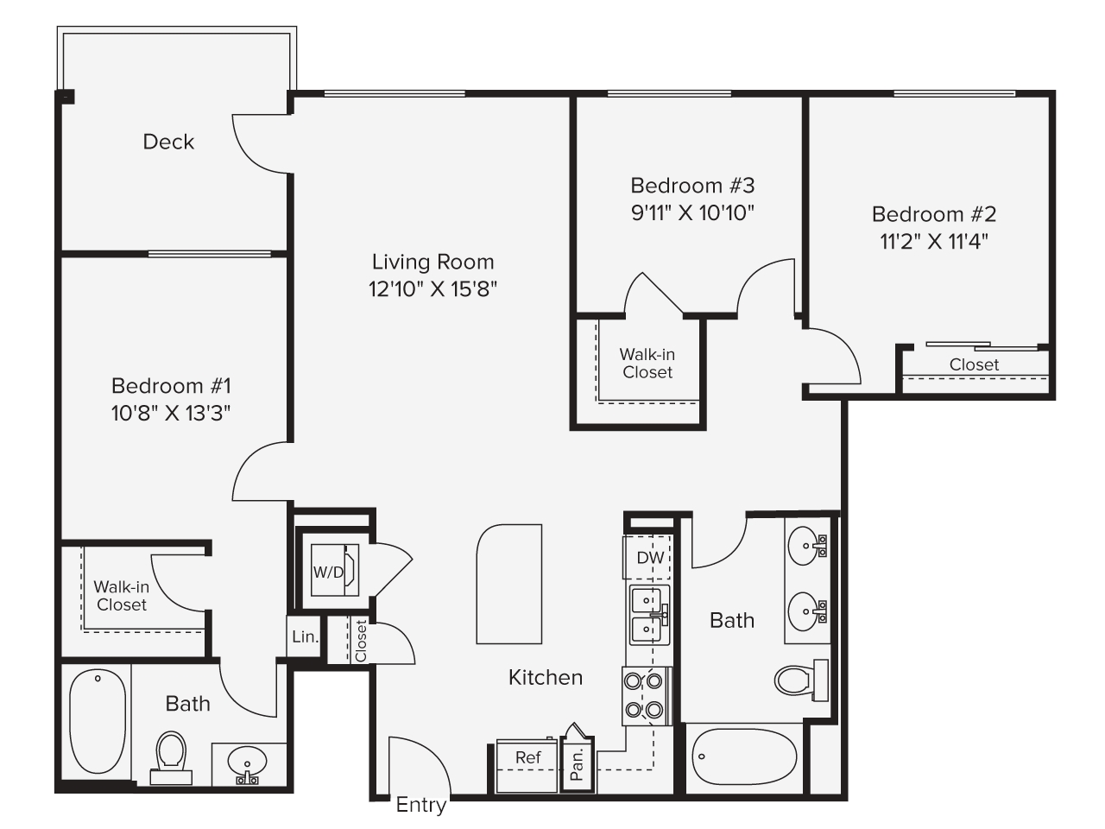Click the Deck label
[x=168, y=142]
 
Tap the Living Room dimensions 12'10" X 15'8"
[x=433, y=289]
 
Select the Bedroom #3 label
[x=692, y=186]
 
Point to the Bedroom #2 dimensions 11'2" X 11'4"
[x=934, y=242]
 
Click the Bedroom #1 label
[x=171, y=386]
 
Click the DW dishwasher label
[x=650, y=558]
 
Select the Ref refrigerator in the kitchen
[x=527, y=766]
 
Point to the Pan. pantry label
[x=577, y=764]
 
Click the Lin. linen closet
[x=304, y=636]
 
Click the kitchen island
[x=509, y=584]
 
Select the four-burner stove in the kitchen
[x=647, y=696]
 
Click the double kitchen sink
[x=649, y=615]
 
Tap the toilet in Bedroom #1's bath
[x=171, y=758]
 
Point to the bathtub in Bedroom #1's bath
[x=98, y=721]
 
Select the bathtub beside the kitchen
[x=744, y=757]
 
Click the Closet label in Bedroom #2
[x=974, y=364]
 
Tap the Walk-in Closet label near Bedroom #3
[x=647, y=364]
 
